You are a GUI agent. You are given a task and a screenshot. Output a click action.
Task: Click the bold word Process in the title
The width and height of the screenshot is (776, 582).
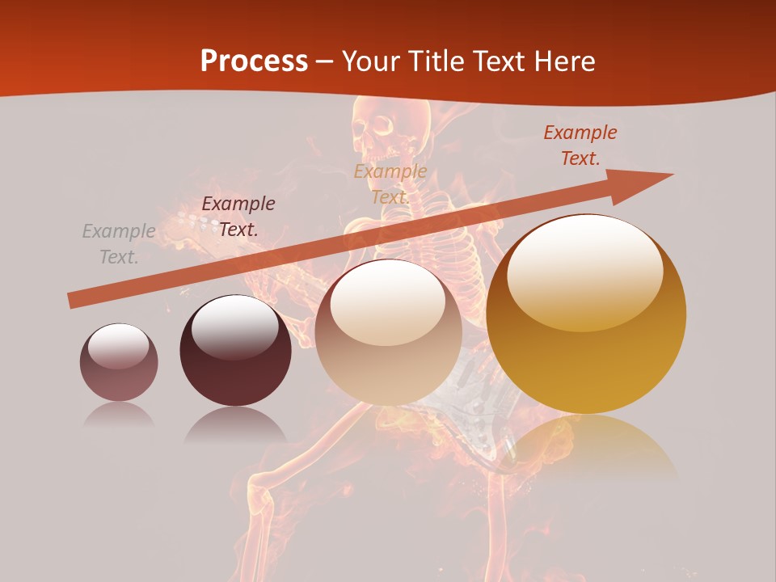coord(254,61)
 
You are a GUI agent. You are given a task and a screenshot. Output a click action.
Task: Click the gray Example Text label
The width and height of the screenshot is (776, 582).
coord(119,244)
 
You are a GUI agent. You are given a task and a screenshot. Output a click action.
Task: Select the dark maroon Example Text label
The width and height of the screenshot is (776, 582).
coord(238,217)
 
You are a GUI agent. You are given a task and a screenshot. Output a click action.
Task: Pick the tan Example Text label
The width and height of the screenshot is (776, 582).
coord(390,184)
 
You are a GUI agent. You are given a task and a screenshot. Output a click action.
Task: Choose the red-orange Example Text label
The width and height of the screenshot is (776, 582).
coord(580,145)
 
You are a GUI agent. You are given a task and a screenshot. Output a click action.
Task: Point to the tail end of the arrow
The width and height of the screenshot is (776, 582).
coord(73,301)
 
